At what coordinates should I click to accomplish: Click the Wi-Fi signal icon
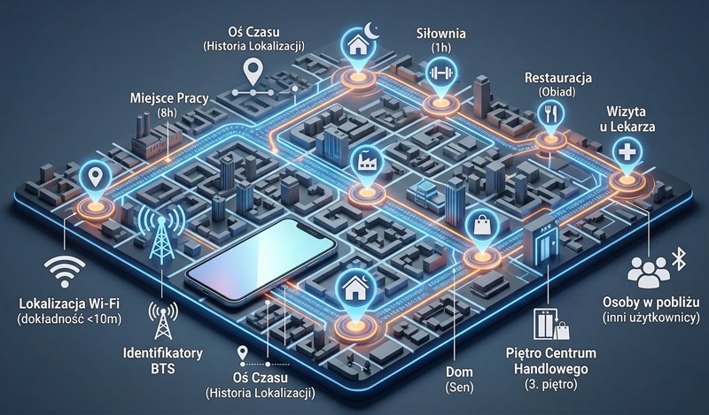65,271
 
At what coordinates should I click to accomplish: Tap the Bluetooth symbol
678,259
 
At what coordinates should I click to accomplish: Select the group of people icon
649,272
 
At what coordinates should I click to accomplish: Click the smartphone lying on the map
261,262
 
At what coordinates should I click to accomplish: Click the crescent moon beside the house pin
374,30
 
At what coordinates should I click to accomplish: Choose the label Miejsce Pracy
168,98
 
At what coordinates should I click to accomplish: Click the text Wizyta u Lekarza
627,119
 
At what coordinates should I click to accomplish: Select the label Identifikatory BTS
163,360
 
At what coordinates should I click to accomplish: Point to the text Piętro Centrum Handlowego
550,361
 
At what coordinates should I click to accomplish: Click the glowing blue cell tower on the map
161,234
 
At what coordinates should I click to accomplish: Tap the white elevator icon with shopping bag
551,324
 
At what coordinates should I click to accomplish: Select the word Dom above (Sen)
459,373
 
